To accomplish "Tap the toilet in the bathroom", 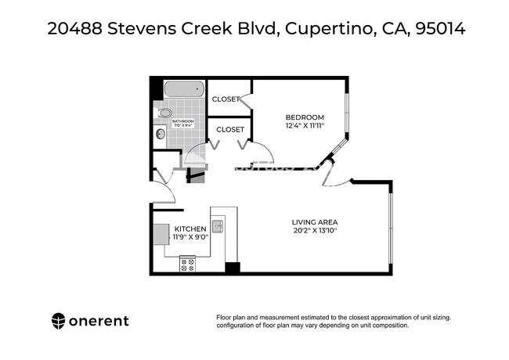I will coord(164,113).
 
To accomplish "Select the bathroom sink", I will coord(161,134).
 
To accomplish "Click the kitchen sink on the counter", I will coord(218,227).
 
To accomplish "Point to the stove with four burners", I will coord(188,265).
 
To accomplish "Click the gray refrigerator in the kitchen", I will coord(161,232).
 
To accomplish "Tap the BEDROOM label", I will coord(304,117).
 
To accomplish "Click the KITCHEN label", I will coord(190,229).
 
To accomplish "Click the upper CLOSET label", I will coord(225,99).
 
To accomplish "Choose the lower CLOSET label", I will coord(230,129).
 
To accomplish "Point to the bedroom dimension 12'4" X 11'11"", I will coord(304,126).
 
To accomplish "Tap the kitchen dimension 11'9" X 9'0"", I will coord(190,238).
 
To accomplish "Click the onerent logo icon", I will coord(59,320).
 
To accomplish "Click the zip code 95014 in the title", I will coord(439,30).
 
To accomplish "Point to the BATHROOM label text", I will coord(182,121).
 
